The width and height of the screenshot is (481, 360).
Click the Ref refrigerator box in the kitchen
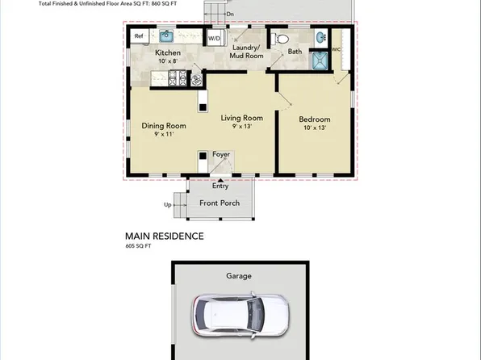(139, 36)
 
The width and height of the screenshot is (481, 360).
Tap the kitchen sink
(165, 36)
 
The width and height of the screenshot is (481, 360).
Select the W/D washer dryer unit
(215, 38)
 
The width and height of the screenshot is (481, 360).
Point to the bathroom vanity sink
(320, 37)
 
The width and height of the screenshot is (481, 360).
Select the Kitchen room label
(168, 53)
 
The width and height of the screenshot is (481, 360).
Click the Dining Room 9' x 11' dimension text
(164, 136)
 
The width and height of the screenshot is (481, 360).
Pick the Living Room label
(242, 118)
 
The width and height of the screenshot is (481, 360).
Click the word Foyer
(221, 154)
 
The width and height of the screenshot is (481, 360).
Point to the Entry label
(220, 186)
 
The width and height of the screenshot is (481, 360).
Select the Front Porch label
(220, 203)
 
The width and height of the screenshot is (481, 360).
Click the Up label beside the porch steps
(168, 205)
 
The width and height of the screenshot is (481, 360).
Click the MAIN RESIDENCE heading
(164, 237)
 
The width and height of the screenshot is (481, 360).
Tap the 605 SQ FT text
(139, 247)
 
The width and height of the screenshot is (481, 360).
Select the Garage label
(239, 276)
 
